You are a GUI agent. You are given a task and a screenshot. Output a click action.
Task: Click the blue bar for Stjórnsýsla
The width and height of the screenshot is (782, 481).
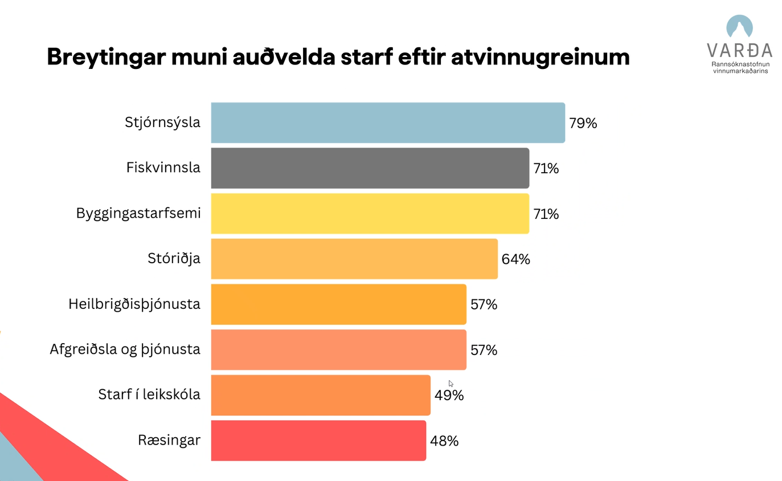(387, 123)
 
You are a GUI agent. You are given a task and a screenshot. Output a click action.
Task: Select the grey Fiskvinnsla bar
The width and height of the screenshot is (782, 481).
(370, 168)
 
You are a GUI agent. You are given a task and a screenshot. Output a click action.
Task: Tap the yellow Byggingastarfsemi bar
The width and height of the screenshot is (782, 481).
(370, 214)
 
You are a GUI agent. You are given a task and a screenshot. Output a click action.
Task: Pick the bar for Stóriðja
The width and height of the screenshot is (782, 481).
(354, 259)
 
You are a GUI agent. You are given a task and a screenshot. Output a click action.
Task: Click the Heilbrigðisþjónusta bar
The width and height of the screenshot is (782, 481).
(338, 304)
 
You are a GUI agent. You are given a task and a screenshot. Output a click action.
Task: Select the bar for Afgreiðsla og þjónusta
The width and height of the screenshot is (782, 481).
(338, 349)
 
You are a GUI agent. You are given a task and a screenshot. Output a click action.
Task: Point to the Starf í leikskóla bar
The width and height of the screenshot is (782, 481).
(320, 395)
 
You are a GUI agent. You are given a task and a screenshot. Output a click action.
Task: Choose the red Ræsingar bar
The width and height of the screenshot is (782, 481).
(318, 441)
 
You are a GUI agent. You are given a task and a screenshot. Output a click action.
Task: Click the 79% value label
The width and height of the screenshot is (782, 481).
(583, 123)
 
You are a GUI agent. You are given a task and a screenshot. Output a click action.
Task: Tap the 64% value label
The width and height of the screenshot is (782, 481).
(515, 259)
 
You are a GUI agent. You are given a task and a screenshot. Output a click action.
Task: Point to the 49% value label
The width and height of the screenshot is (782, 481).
(449, 396)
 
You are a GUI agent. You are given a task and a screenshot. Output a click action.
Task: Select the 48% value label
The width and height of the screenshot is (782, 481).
(444, 441)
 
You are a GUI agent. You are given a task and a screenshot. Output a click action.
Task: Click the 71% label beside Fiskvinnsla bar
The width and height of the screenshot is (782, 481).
(546, 169)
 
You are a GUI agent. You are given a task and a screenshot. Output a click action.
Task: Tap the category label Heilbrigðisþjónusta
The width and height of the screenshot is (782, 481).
(134, 304)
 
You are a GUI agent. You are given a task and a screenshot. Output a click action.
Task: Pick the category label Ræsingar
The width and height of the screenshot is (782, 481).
(169, 441)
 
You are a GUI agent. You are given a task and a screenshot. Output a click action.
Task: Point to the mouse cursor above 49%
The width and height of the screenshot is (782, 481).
(451, 384)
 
